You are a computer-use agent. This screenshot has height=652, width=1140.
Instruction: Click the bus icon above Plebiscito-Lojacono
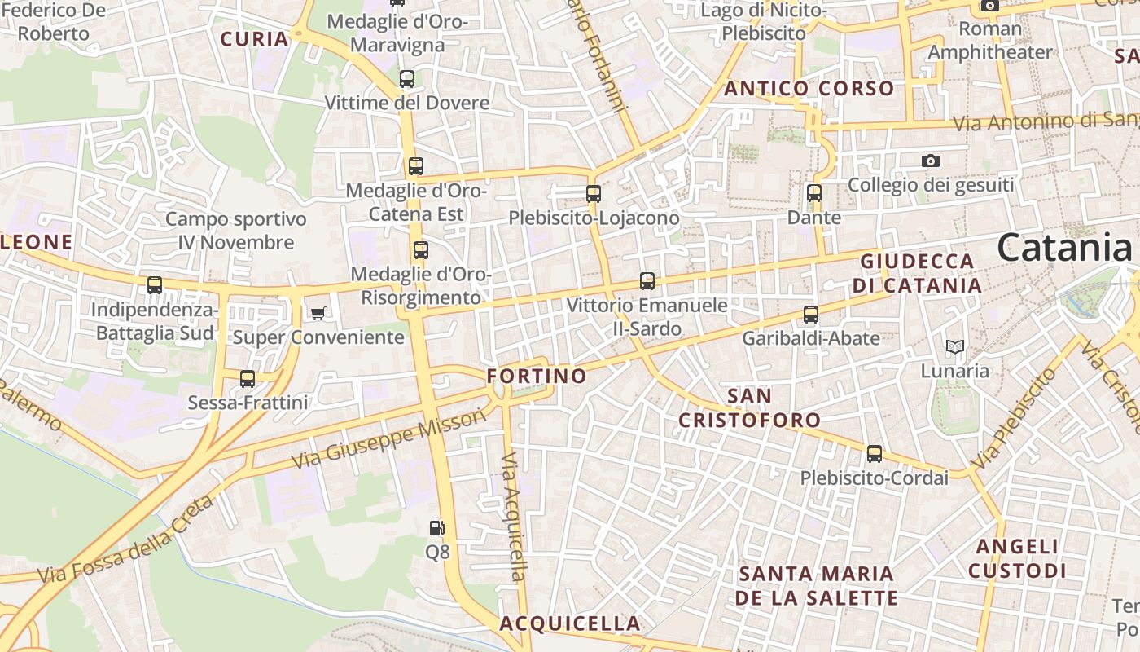click(x=594, y=194)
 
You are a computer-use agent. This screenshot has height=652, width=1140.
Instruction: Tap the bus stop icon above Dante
click(x=814, y=193)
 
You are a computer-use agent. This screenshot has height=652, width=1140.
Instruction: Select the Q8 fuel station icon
click(x=437, y=528)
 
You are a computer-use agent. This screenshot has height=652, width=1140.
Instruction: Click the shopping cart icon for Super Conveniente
click(x=318, y=313)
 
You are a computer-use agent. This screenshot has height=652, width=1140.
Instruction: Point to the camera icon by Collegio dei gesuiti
click(x=931, y=161)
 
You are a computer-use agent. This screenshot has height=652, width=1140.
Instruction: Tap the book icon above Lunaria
click(x=955, y=346)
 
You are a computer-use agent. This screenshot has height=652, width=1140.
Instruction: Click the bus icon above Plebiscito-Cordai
click(x=875, y=454)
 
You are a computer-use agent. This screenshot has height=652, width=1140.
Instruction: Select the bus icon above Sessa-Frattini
click(x=248, y=379)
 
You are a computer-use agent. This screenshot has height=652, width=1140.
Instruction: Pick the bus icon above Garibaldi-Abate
click(x=811, y=315)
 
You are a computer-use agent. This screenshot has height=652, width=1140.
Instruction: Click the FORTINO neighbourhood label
click(x=537, y=376)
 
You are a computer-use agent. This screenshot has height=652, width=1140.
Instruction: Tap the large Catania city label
click(x=1064, y=247)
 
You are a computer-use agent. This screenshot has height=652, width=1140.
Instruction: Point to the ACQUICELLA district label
click(x=570, y=624)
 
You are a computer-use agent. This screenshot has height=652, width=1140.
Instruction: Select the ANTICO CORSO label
click(x=809, y=89)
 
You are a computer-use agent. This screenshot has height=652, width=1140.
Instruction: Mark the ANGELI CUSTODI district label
click(x=1017, y=558)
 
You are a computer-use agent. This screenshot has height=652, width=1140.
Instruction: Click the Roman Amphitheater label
click(x=990, y=41)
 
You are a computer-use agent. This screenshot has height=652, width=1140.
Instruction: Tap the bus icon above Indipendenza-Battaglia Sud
click(x=155, y=285)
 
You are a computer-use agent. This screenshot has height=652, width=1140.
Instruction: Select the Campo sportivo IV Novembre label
click(x=236, y=231)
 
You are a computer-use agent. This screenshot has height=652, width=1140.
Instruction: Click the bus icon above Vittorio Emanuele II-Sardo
click(x=647, y=281)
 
